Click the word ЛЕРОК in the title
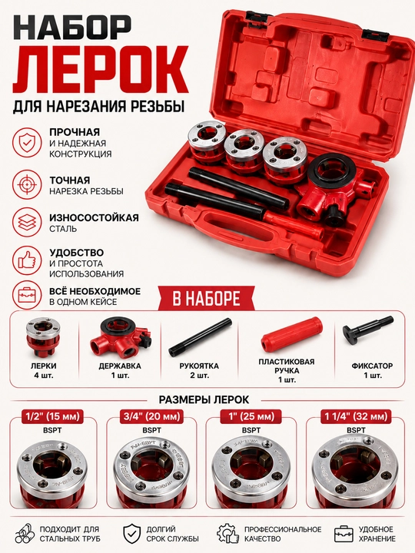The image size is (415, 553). tap(101, 68)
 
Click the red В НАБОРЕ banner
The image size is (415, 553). tap(207, 299)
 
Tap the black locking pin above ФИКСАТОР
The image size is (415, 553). tap(367, 329)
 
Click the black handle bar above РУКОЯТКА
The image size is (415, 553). tap(200, 337)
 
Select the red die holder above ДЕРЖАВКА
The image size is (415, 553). tap(121, 337)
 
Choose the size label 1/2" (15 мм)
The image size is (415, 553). tap(53, 416)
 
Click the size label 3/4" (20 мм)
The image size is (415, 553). tap(151, 416)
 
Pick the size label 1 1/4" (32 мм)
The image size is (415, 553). tap(356, 416)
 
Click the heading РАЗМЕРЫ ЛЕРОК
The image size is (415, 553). tap(204, 399)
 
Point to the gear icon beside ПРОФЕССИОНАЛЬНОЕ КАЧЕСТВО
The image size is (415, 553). tap(227, 534)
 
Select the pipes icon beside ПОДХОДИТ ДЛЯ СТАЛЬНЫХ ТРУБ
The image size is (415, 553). tap(25, 534)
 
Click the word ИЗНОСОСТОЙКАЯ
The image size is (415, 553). tap(94, 217)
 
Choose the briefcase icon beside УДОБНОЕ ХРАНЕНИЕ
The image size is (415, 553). tap(344, 534)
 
